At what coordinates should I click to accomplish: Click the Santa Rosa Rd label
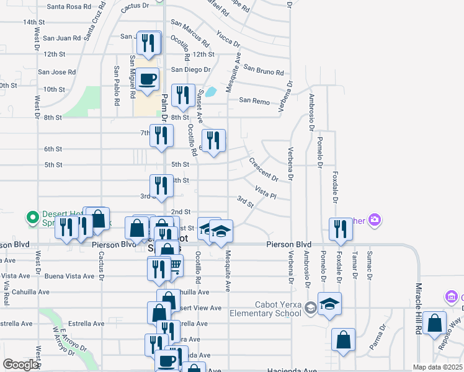[69, 7]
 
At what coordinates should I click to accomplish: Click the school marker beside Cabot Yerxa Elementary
[331, 303]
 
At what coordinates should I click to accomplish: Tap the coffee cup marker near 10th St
[148, 79]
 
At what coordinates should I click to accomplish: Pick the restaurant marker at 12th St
[148, 43]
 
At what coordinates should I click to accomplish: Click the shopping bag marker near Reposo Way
[435, 322]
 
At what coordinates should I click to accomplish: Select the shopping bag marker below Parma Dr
[343, 340]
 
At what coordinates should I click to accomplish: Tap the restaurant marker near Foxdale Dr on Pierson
[341, 228]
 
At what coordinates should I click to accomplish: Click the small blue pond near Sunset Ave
[211, 92]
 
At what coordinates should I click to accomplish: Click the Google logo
[20, 365]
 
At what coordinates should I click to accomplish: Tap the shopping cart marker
[174, 265]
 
